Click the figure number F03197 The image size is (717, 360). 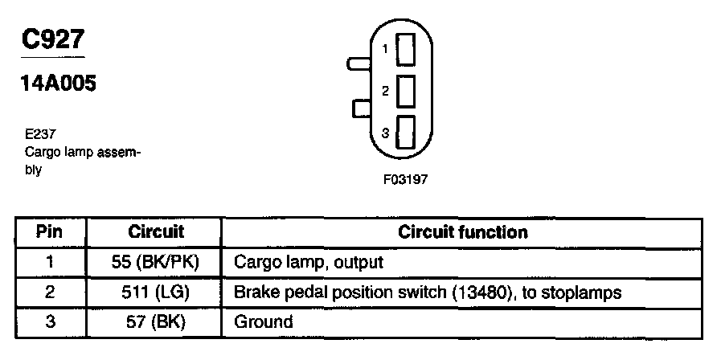click(405, 180)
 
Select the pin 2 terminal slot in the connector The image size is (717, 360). click(407, 91)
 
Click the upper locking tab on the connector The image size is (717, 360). click(357, 61)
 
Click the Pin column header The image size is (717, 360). click(50, 232)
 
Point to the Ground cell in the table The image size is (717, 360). click(263, 321)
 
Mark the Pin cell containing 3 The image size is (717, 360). click(50, 321)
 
